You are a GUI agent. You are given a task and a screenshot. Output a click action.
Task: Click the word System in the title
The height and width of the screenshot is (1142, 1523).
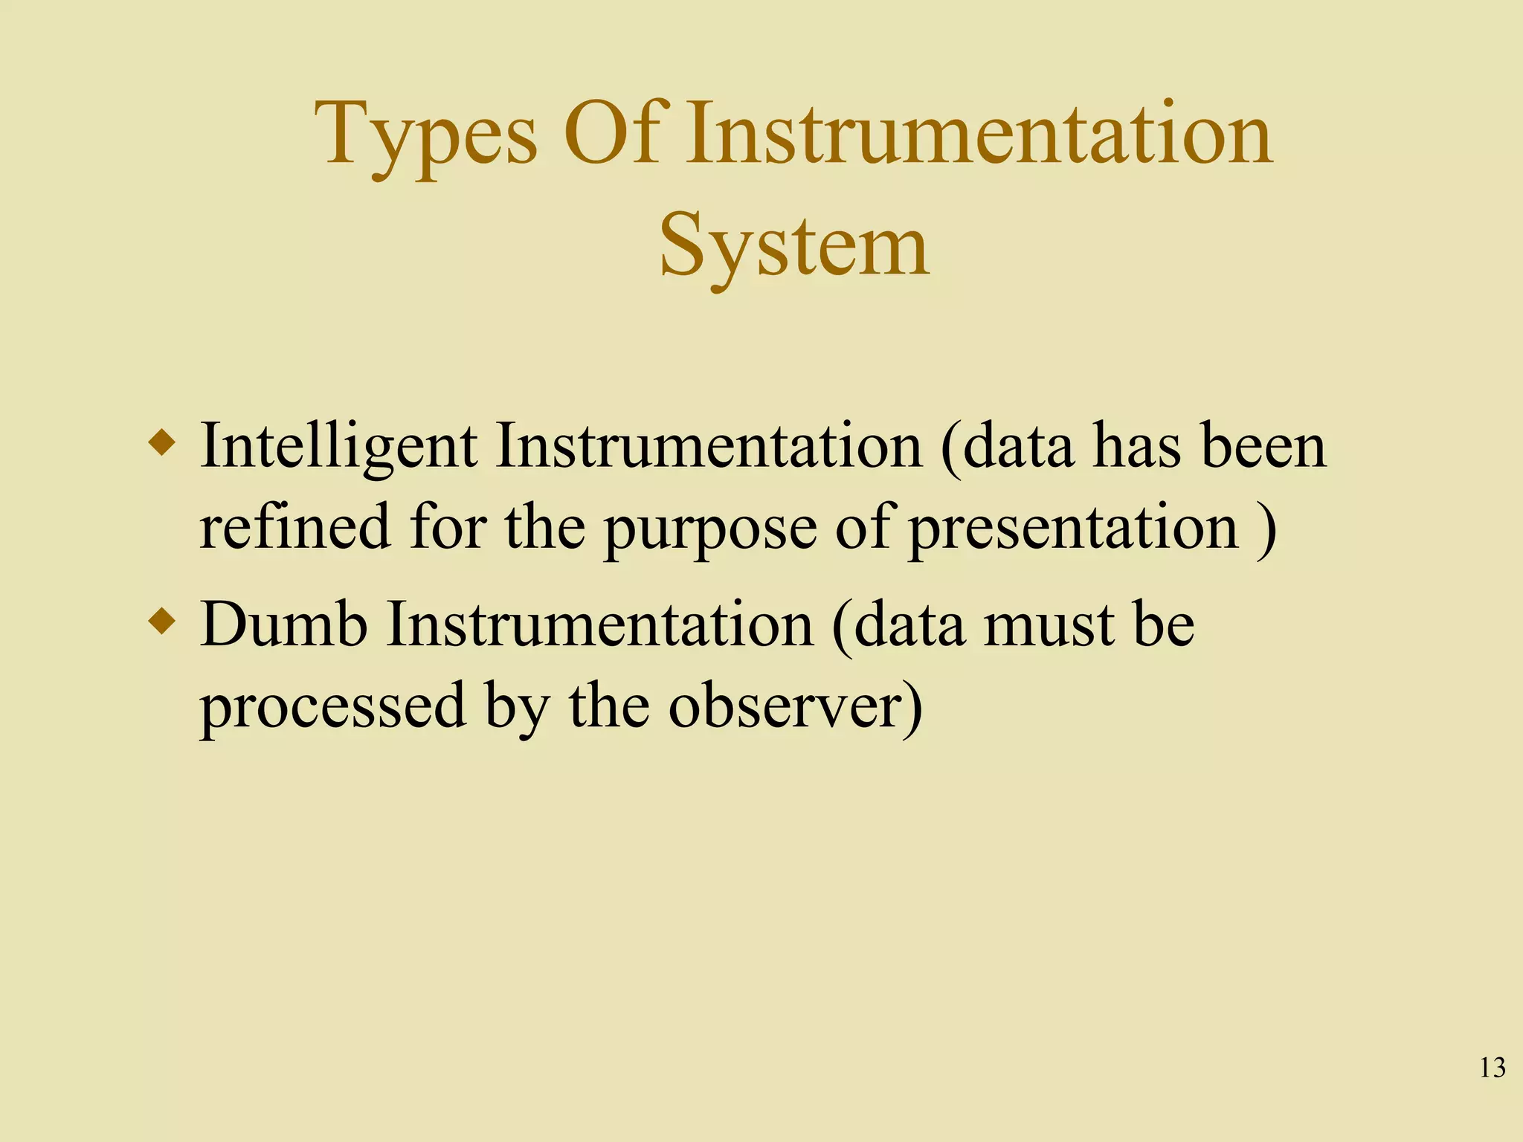[x=793, y=245]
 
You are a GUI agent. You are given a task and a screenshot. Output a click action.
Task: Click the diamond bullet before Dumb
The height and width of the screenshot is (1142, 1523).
[x=163, y=622]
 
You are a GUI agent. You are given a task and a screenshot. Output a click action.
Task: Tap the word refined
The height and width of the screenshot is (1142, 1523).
[x=294, y=526]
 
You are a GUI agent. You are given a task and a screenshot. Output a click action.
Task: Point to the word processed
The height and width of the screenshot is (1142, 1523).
[x=333, y=706]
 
